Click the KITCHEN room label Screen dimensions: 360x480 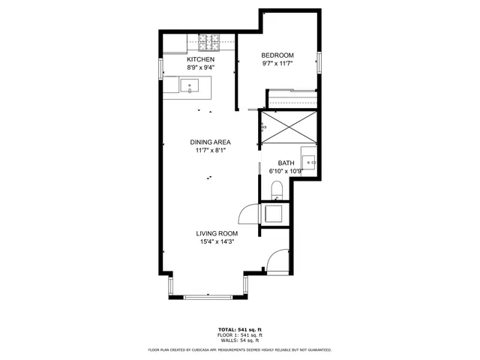pyautogui.click(x=200, y=59)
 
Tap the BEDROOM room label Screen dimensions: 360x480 pyautogui.click(x=277, y=55)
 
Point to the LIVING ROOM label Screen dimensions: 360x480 pyautogui.click(x=217, y=234)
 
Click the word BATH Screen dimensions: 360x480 pyautogui.click(x=286, y=163)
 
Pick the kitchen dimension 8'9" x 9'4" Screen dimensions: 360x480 pyautogui.click(x=200, y=67)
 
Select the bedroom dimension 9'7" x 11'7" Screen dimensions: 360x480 pyautogui.click(x=277, y=64)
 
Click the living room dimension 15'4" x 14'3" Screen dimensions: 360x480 pyautogui.click(x=217, y=242)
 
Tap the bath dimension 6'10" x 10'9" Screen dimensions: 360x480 pyautogui.click(x=285, y=172)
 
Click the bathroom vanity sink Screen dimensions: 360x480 pyautogui.click(x=310, y=162)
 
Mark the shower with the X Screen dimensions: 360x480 pyautogui.click(x=289, y=127)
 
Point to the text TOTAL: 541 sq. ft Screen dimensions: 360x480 pyautogui.click(x=240, y=329)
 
